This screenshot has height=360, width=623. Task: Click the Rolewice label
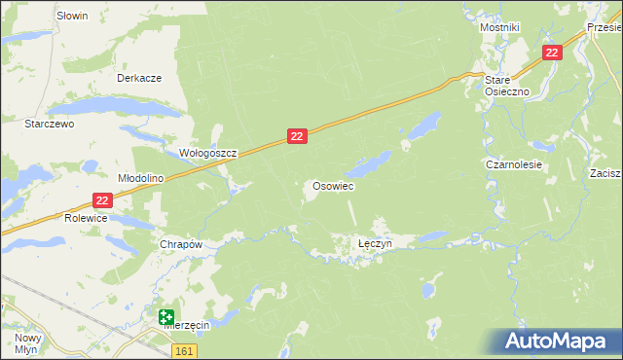point(87,219)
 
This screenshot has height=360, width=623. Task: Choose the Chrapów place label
point(180,245)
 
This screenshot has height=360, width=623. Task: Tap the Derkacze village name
point(138,78)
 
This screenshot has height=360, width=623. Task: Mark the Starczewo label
point(50,125)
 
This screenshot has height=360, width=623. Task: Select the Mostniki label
point(499,28)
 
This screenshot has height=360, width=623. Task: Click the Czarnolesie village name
point(514,165)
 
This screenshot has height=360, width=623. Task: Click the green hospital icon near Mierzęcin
point(167,316)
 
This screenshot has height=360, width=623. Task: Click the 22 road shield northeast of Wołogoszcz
point(298,138)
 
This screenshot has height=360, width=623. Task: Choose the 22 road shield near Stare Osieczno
point(552,54)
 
